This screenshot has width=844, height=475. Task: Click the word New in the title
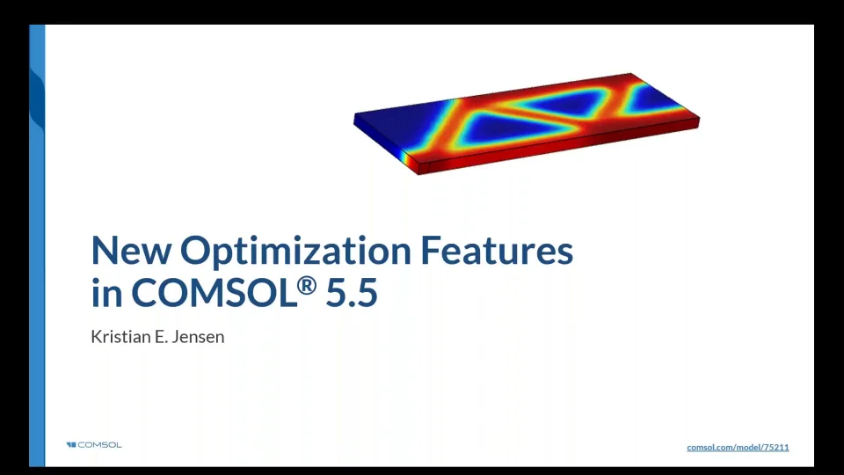coord(131,252)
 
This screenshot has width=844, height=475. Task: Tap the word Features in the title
coord(497,252)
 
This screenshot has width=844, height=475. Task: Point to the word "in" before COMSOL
coord(106,294)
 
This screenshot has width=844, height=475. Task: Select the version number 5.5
coord(352,294)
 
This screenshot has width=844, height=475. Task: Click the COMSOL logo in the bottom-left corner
coord(94,445)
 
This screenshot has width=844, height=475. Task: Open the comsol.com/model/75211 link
coord(738,448)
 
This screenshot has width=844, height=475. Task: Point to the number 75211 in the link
coord(775,448)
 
